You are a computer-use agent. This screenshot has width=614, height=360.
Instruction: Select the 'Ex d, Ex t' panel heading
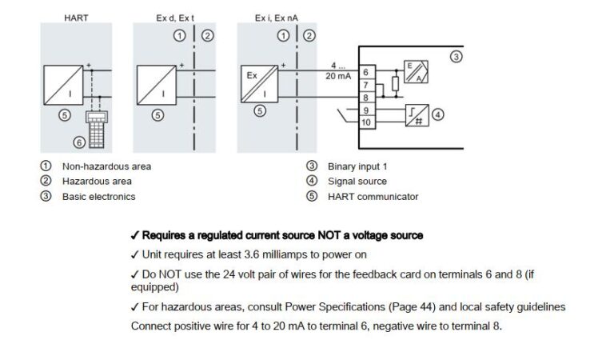pyautogui.click(x=174, y=17)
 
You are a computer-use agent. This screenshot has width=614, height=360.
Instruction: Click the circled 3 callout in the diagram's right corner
pyautogui.click(x=455, y=57)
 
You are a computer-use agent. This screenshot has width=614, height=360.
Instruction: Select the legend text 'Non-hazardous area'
pyautogui.click(x=106, y=166)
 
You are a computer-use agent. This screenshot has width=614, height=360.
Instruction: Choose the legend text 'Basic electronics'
pyautogui.click(x=98, y=197)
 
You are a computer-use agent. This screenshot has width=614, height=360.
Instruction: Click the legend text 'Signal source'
pyautogui.click(x=357, y=182)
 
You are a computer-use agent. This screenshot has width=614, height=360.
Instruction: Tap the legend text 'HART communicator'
pyautogui.click(x=373, y=197)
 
